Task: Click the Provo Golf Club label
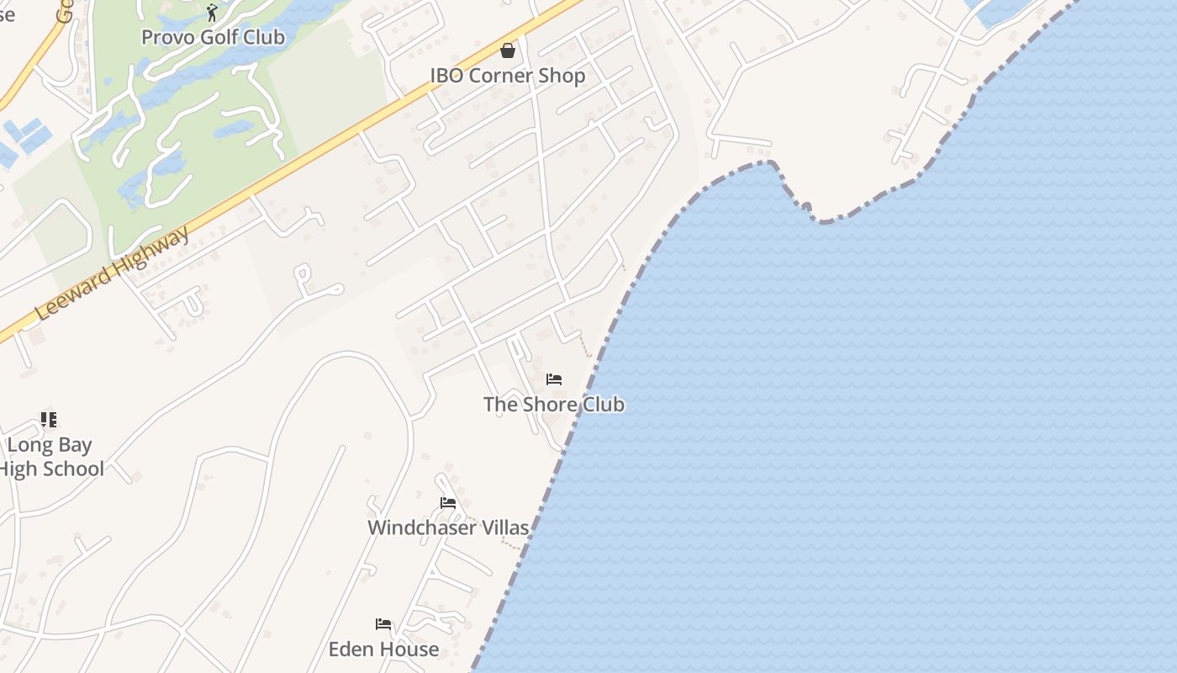click(x=213, y=38)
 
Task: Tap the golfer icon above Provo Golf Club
click(x=212, y=13)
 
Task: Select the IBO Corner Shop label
click(x=508, y=76)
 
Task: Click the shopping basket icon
click(x=508, y=51)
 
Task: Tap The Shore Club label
click(x=554, y=405)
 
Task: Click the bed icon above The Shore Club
click(x=554, y=379)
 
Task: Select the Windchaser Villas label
click(x=448, y=528)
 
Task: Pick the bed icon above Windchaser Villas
click(x=448, y=503)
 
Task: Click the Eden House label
click(x=383, y=649)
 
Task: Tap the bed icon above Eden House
click(x=383, y=624)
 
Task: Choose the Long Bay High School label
click(x=50, y=457)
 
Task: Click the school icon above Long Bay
click(x=49, y=419)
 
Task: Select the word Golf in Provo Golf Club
click(x=215, y=38)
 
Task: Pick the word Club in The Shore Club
click(x=603, y=405)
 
